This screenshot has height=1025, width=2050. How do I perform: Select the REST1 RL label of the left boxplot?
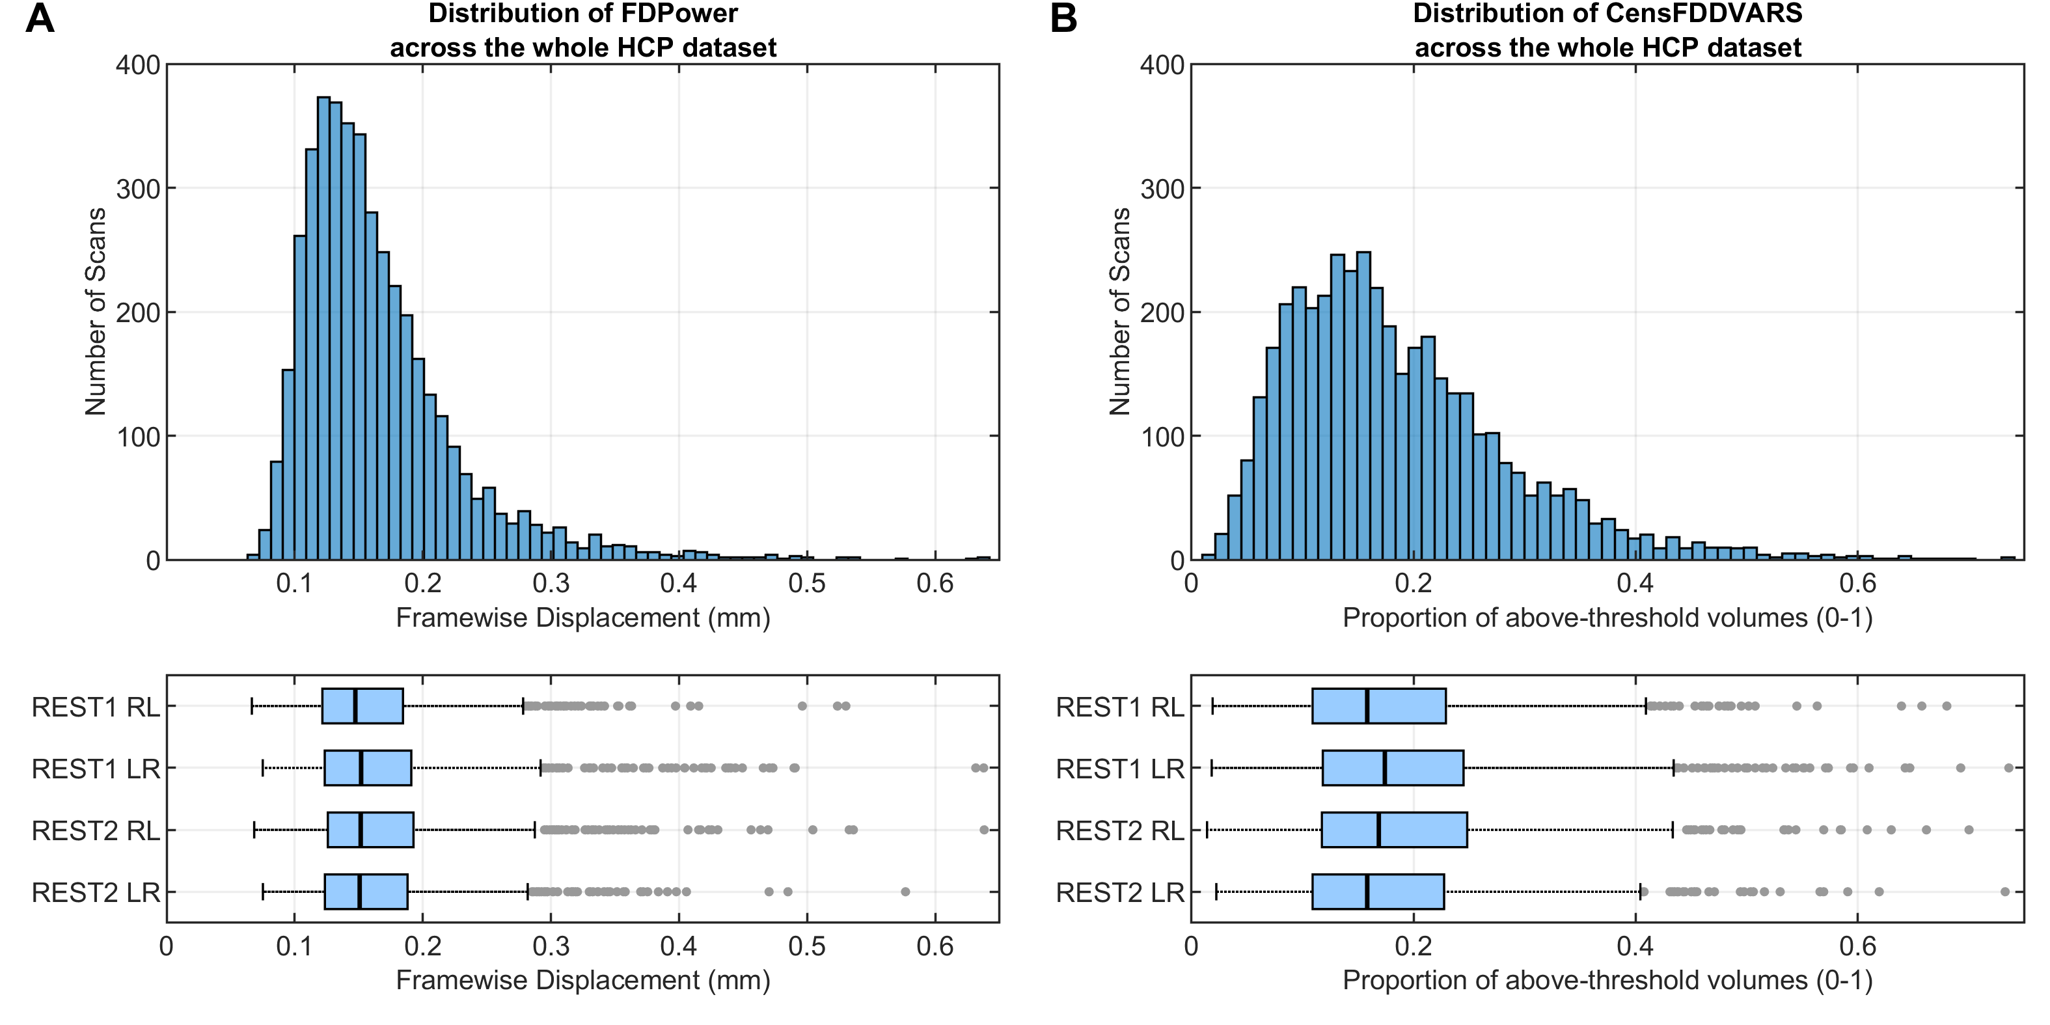coord(96,707)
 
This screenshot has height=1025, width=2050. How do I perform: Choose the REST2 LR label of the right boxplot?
coord(1120,893)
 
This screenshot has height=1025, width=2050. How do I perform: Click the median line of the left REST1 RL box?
coord(355,706)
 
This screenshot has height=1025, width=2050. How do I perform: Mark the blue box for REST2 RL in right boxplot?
coord(1393,829)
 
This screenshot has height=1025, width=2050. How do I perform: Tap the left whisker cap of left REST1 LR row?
coord(264,768)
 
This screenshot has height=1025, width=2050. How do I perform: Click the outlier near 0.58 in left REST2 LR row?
coord(905,892)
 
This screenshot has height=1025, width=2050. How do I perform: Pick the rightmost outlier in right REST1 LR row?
coord(2008,768)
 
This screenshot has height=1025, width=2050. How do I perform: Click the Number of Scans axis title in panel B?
coord(1120,311)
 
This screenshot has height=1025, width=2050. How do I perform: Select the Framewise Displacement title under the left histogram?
coord(582,618)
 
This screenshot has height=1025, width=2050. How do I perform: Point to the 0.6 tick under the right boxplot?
coord(1857,946)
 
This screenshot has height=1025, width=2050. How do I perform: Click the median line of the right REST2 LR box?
coord(1367,892)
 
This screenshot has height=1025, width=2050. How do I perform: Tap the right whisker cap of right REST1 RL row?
coord(1646,706)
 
